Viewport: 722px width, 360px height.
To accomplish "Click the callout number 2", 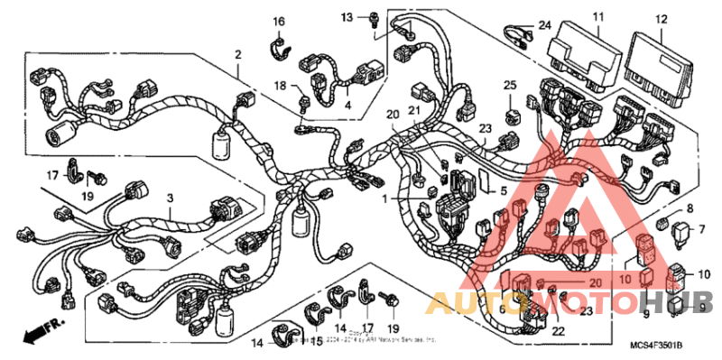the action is tap(239, 55).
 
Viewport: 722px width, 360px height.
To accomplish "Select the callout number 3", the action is tap(169, 198).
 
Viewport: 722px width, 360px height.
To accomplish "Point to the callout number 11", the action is tap(597, 17).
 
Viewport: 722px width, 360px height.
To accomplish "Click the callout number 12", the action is tap(662, 18).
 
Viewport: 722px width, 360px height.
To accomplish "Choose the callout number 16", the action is tap(279, 21).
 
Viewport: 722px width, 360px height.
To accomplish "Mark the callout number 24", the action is tap(544, 24).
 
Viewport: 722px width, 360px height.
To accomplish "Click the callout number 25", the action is tap(510, 85).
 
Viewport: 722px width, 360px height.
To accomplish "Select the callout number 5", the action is tap(504, 190).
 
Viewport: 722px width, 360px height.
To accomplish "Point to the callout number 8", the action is tap(690, 208).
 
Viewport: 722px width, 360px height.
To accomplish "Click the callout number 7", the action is tap(700, 229).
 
